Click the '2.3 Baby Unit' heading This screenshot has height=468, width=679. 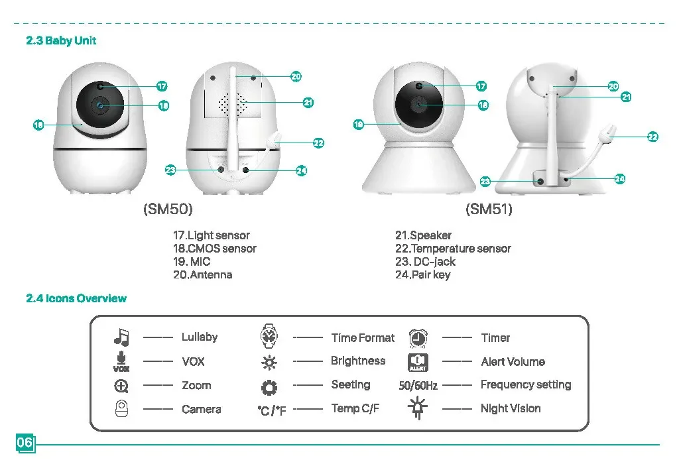pyautogui.click(x=61, y=40)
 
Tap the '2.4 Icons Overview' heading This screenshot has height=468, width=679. pyautogui.click(x=76, y=298)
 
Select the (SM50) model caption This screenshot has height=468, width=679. pyautogui.click(x=168, y=209)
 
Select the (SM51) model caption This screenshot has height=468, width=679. pyautogui.click(x=489, y=209)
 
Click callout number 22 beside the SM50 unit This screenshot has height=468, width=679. pyautogui.click(x=318, y=143)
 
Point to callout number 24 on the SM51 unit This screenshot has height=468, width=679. pyautogui.click(x=620, y=178)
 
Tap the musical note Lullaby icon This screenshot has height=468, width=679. pyautogui.click(x=121, y=337)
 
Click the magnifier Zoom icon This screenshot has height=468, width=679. pyautogui.click(x=121, y=386)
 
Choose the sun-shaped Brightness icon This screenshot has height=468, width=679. pyautogui.click(x=269, y=362)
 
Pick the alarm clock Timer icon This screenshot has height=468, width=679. pyautogui.click(x=418, y=338)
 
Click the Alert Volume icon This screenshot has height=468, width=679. pyautogui.click(x=418, y=362)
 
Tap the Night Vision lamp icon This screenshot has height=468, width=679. pyautogui.click(x=418, y=408)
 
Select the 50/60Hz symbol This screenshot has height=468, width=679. pyautogui.click(x=418, y=386)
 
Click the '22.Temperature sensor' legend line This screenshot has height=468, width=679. pyautogui.click(x=453, y=249)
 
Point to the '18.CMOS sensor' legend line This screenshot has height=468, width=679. pyautogui.click(x=214, y=249)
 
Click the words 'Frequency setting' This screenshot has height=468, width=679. pyautogui.click(x=525, y=384)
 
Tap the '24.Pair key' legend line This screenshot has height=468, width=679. pyautogui.click(x=422, y=274)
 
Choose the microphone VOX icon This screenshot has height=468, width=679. pyautogui.click(x=121, y=361)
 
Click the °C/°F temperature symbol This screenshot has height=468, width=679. pyautogui.click(x=271, y=410)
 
